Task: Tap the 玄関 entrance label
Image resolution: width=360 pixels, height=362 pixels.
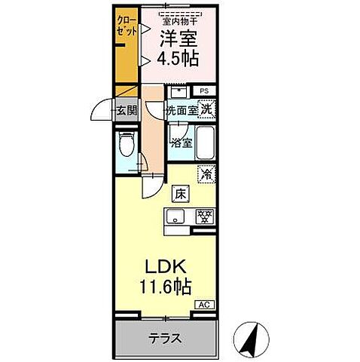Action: tap(125, 111)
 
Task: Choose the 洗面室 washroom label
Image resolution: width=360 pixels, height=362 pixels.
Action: tap(182, 110)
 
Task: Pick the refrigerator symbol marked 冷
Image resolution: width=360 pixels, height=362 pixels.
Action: tap(206, 173)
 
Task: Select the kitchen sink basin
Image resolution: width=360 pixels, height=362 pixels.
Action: tap(175, 218)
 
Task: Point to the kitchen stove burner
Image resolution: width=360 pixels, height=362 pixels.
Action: tap(203, 217)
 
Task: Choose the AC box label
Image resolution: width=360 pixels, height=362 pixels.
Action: tap(203, 304)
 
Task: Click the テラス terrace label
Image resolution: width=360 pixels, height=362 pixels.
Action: tap(164, 338)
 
